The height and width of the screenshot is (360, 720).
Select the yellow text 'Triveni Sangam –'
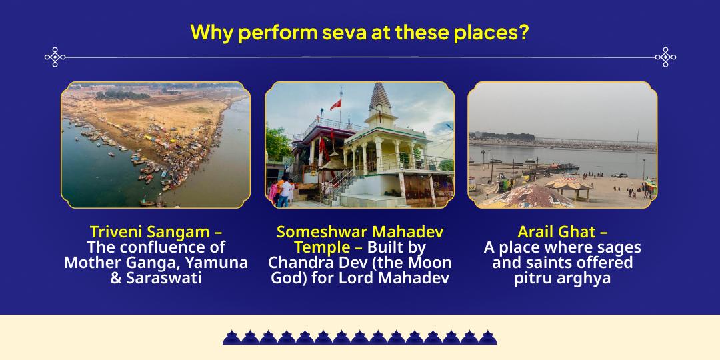click(155, 232)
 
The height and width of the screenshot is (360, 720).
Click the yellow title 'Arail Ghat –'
click(562, 232)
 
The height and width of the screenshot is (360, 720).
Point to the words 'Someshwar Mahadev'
click(360, 232)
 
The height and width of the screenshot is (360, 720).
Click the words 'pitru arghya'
click(562, 278)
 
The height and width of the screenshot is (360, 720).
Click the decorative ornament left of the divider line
click(55, 57)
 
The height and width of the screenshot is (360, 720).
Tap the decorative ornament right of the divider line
click(665, 57)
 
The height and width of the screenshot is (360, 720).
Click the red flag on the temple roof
click(335, 105)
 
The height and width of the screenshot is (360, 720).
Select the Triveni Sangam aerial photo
click(155, 145)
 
